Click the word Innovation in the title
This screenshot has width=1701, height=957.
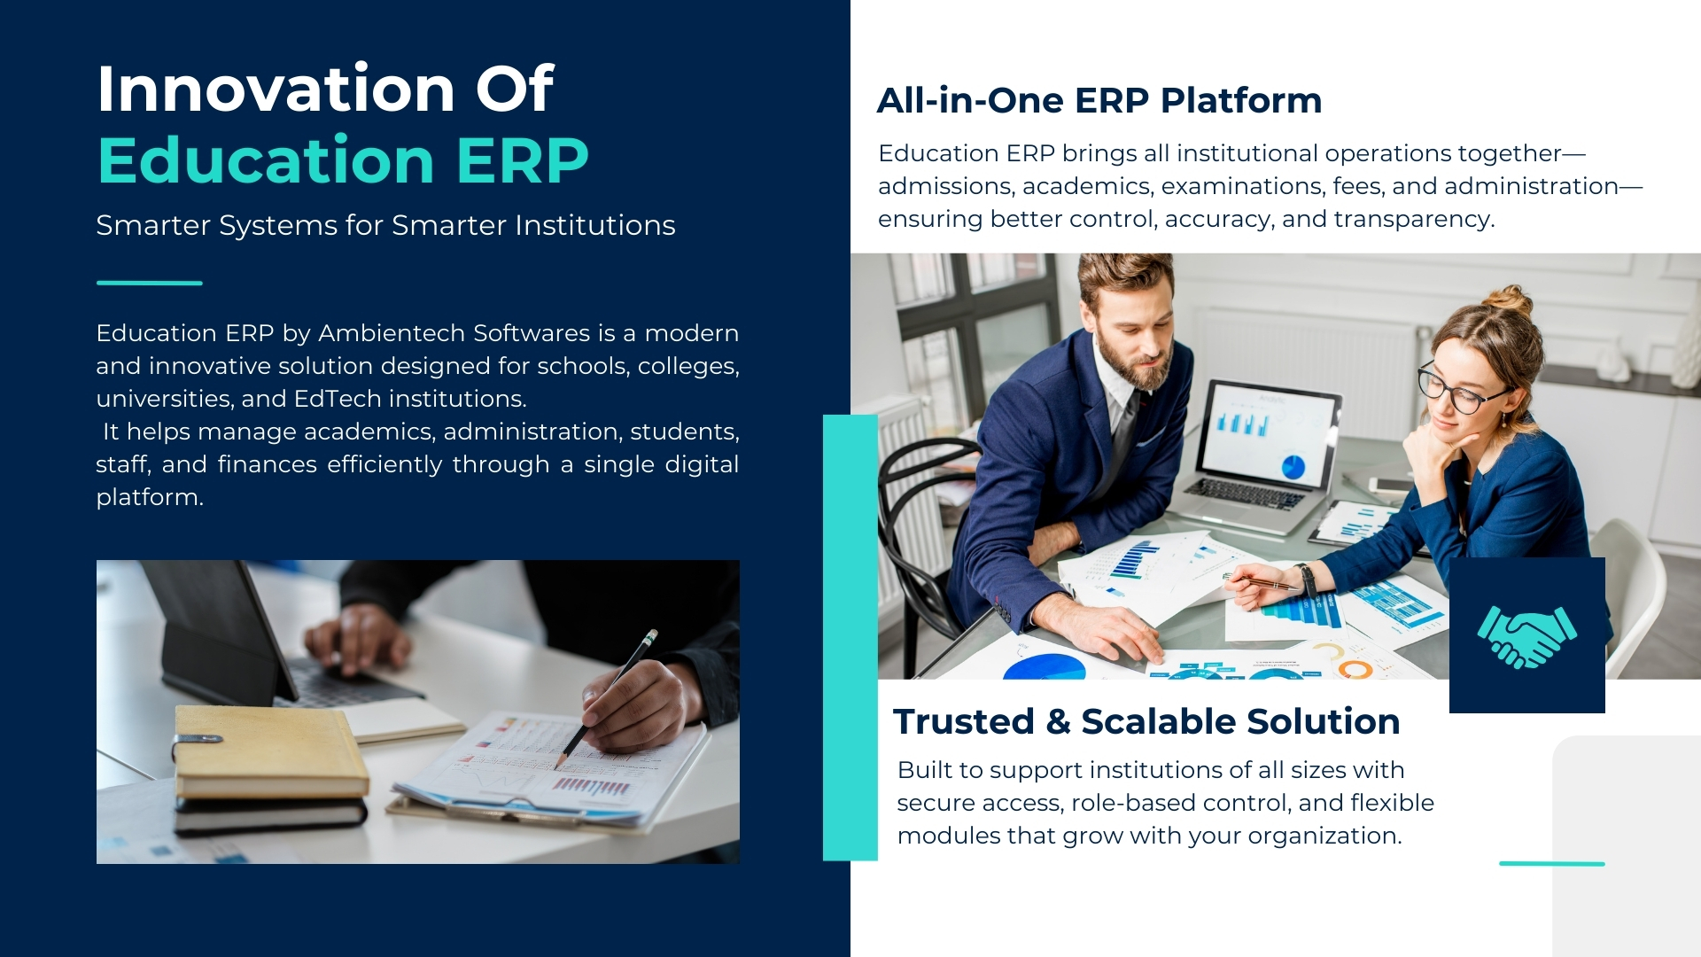(x=276, y=89)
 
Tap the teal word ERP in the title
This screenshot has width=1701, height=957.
(x=522, y=160)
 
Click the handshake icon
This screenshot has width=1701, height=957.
(x=1526, y=635)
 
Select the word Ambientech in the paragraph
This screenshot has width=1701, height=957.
(x=391, y=333)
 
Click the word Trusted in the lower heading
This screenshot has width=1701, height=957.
(x=963, y=721)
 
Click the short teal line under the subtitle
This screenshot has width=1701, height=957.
(x=149, y=283)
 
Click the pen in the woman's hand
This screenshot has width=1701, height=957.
(x=1262, y=581)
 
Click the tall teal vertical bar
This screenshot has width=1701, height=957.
(x=850, y=637)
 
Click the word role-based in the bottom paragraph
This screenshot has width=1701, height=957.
(x=1125, y=803)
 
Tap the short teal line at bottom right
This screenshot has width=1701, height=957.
(x=1551, y=863)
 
